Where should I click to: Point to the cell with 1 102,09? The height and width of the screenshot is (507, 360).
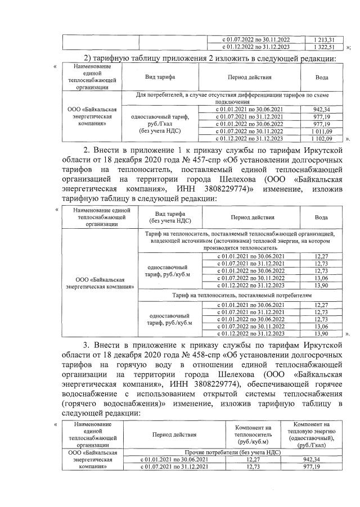(x=323, y=138)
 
